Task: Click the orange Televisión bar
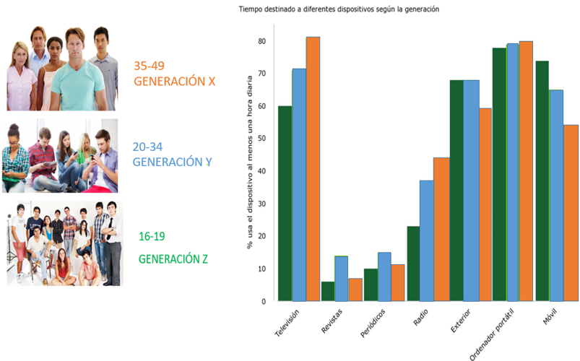tap(313, 169)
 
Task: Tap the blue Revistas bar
tap(341, 279)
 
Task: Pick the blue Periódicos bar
tap(384, 277)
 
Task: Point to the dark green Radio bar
tap(413, 264)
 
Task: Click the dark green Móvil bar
tap(542, 180)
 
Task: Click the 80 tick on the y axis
tap(262, 41)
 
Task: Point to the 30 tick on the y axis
tap(262, 204)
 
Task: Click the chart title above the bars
tap(339, 9)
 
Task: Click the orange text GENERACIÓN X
tap(175, 82)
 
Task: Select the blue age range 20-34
tap(149, 147)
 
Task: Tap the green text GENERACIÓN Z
tap(173, 258)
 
